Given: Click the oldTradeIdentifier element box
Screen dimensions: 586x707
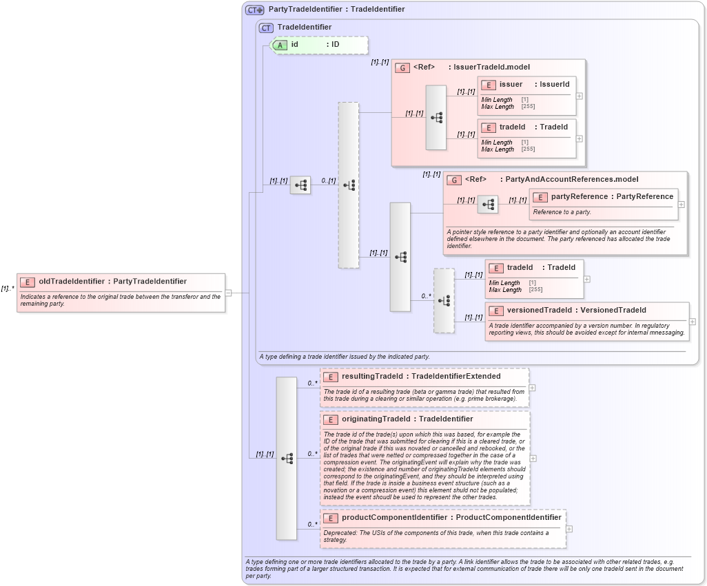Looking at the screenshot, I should coord(121,282).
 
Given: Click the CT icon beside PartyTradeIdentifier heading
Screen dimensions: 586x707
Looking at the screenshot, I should coord(255,10).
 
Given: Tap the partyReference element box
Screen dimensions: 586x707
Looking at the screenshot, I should coord(604,197).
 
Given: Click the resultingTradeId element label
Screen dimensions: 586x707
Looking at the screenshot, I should coord(420,377).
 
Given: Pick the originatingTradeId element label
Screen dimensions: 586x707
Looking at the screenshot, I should coord(407,419).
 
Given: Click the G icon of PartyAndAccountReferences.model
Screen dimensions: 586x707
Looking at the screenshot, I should coord(454,180).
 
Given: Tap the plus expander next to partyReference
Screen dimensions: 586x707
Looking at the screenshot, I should coord(682,205).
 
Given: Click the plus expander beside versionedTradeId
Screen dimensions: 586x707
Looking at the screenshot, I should coord(692,322).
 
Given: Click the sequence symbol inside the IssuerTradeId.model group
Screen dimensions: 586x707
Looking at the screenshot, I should coord(436,118).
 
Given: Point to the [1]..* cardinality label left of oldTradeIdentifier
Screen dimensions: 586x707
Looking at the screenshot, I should coord(8,289).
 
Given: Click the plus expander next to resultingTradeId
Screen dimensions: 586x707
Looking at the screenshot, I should coord(532,388).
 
